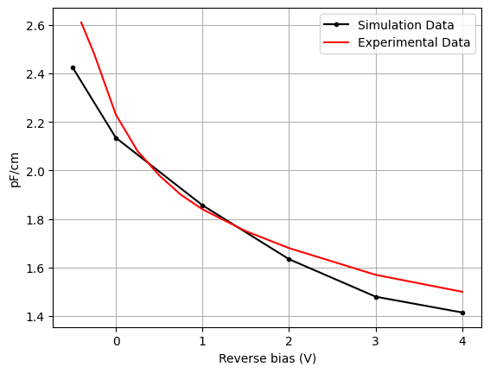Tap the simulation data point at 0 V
click(x=116, y=138)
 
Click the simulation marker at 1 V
click(x=202, y=205)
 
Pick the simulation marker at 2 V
click(x=289, y=259)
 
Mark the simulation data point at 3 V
click(x=376, y=297)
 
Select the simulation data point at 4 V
click(x=462, y=313)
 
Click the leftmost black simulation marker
click(x=73, y=67)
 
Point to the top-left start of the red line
click(x=81, y=22)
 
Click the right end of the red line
click(x=462, y=292)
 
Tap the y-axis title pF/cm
click(x=14, y=171)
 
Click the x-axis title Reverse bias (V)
click(x=267, y=358)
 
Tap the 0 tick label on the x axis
click(x=116, y=340)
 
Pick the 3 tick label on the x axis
click(x=376, y=340)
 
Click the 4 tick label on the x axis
click(x=462, y=340)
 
